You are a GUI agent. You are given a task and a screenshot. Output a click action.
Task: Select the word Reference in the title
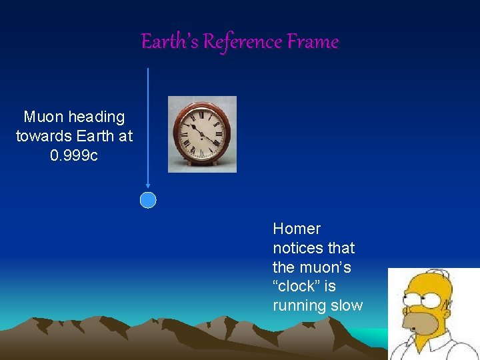pos(243,42)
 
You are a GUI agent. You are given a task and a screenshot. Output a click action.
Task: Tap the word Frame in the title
pos(313,42)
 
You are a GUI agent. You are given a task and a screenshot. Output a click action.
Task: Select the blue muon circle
pos(148,200)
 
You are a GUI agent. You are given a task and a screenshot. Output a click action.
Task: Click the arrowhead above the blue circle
pos(148,187)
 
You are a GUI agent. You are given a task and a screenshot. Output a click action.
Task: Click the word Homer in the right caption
pos(297,229)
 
